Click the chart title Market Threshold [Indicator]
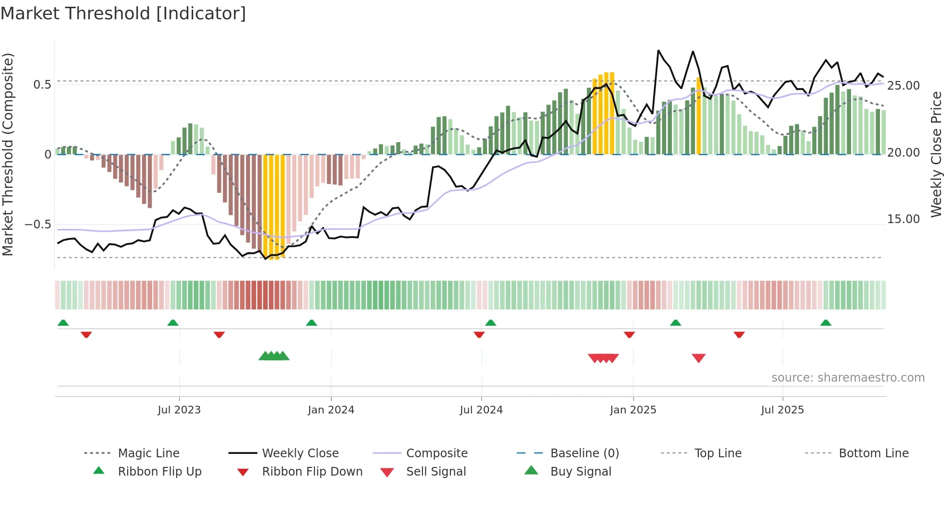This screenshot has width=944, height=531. click(x=123, y=13)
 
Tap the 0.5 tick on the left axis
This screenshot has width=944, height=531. click(x=42, y=85)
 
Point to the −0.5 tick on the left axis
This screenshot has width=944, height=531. click(x=38, y=225)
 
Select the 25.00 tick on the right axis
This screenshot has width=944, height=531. click(x=903, y=86)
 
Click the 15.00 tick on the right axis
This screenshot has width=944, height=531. click(x=903, y=219)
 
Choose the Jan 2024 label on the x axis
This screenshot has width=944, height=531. click(x=331, y=410)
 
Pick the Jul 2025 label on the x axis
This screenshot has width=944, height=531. click(x=782, y=410)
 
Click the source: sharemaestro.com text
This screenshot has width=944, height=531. click(x=848, y=378)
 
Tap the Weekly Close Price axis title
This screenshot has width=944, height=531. click(x=936, y=154)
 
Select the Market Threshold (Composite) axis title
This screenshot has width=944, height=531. click(x=8, y=154)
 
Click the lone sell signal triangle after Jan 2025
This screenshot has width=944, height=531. click(x=698, y=358)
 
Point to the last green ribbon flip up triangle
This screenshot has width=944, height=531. click(x=826, y=323)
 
